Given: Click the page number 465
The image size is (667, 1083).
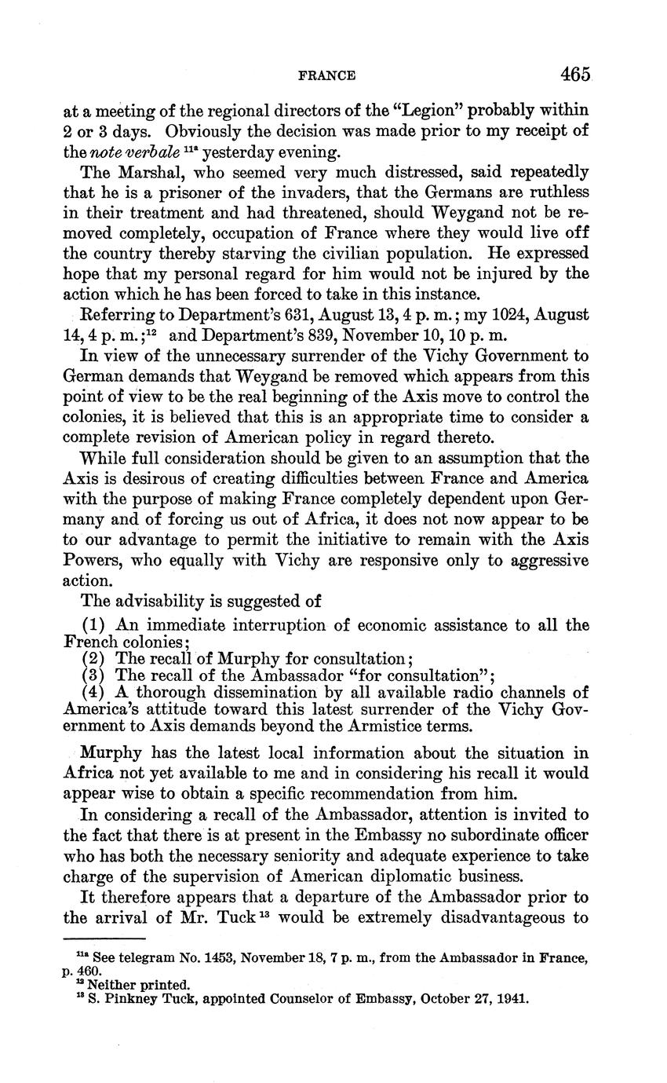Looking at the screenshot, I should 574,75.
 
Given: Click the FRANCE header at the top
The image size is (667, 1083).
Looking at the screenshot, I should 327,75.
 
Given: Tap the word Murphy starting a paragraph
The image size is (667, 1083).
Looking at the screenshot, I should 111,753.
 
